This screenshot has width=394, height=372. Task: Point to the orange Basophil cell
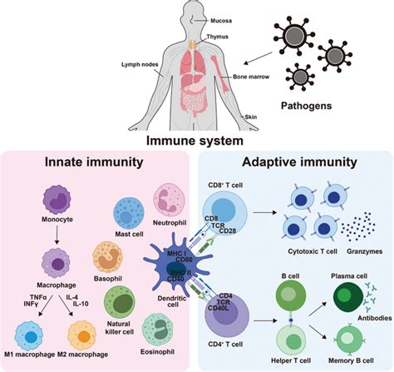[111, 255]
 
